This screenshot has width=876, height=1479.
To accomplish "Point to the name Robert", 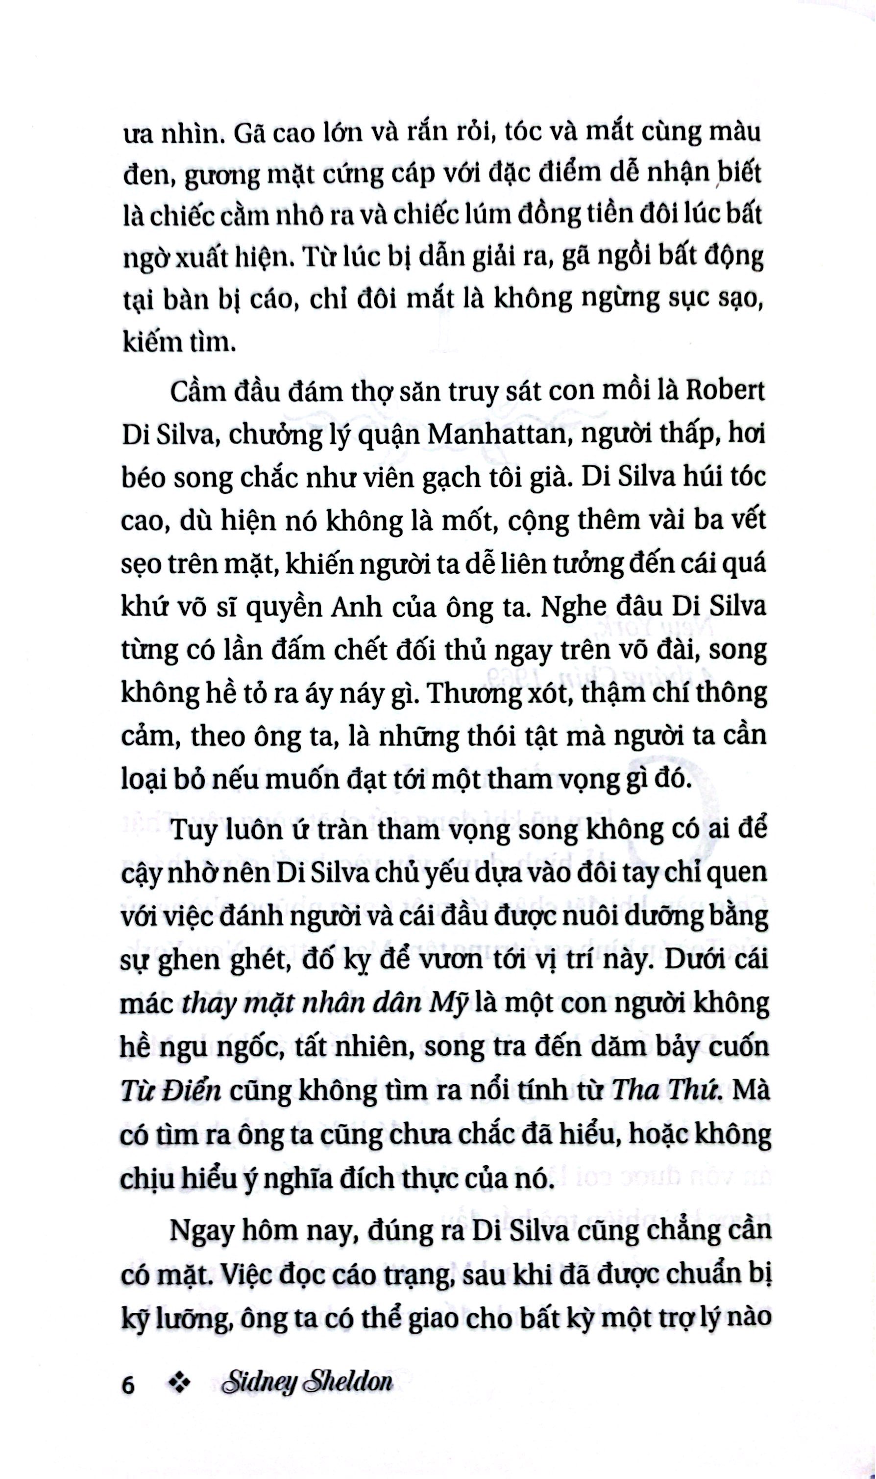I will point(727,393).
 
